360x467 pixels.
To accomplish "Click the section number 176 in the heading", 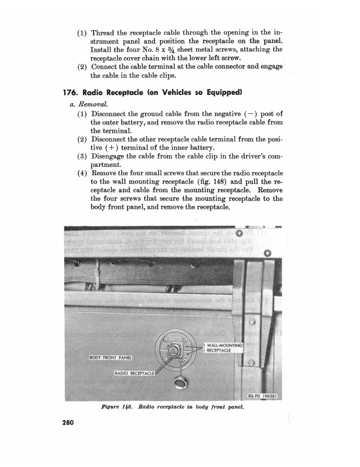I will click(72, 93).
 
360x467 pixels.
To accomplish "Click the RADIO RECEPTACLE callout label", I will click(134, 373).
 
